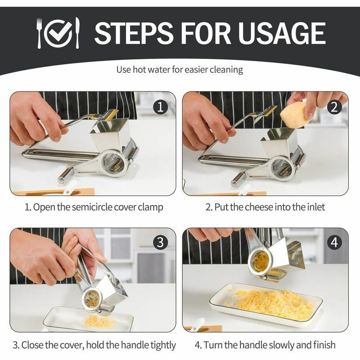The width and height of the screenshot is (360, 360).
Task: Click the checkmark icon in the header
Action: pyautogui.click(x=58, y=33)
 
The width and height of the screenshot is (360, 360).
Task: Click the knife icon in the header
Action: pyautogui.click(x=77, y=32)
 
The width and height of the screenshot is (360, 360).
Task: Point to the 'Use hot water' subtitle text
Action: pyautogui.click(x=180, y=70)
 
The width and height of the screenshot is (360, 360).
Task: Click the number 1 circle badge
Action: pyautogui.click(x=160, y=107)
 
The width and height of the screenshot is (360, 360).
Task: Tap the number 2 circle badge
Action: pyautogui.click(x=333, y=107)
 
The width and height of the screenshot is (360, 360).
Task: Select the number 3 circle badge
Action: pyautogui.click(x=160, y=243)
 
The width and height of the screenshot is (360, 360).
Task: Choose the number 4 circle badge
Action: pyautogui.click(x=333, y=243)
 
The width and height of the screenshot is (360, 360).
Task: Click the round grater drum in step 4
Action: pyautogui.click(x=260, y=261)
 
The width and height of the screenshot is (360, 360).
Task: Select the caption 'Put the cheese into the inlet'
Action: pyautogui.click(x=265, y=207)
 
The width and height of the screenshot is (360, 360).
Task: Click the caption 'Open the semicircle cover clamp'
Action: pyautogui.click(x=93, y=207)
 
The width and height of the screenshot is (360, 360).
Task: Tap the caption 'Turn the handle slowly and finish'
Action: pyautogui.click(x=265, y=345)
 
